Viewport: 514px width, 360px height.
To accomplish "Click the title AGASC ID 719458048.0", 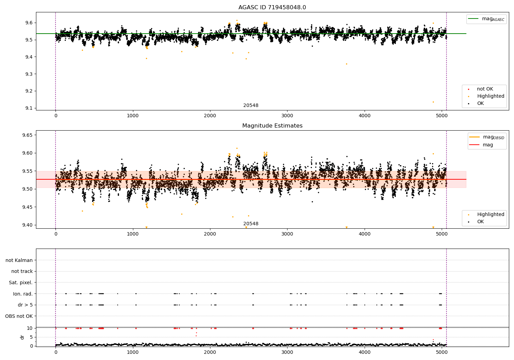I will click(x=272, y=8).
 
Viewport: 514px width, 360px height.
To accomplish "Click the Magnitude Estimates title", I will click(x=272, y=126).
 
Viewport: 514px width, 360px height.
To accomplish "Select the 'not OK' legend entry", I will click(x=485, y=89).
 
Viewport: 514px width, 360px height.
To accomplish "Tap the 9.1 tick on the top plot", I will click(x=28, y=108).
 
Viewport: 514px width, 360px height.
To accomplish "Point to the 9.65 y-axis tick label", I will click(x=27, y=135).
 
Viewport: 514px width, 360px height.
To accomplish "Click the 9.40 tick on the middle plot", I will click(x=27, y=225).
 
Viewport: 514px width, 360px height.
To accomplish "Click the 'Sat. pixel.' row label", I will click(x=21, y=283).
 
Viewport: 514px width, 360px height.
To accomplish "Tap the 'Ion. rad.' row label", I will click(x=23, y=294).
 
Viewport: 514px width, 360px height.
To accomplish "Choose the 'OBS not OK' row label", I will click(x=19, y=316).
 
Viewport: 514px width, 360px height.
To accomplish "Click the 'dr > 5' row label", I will click(x=25, y=305).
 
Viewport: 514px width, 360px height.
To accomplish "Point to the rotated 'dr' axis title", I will click(x=22, y=337).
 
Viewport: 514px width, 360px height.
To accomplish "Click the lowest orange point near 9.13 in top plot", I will click(x=433, y=102).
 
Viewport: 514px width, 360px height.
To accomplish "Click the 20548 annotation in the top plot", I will click(x=251, y=106).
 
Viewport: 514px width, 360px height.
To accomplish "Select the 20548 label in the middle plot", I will click(x=251, y=224).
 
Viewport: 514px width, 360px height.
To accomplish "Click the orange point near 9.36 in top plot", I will click(x=346, y=64).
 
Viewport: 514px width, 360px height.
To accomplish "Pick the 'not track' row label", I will click(x=22, y=271).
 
